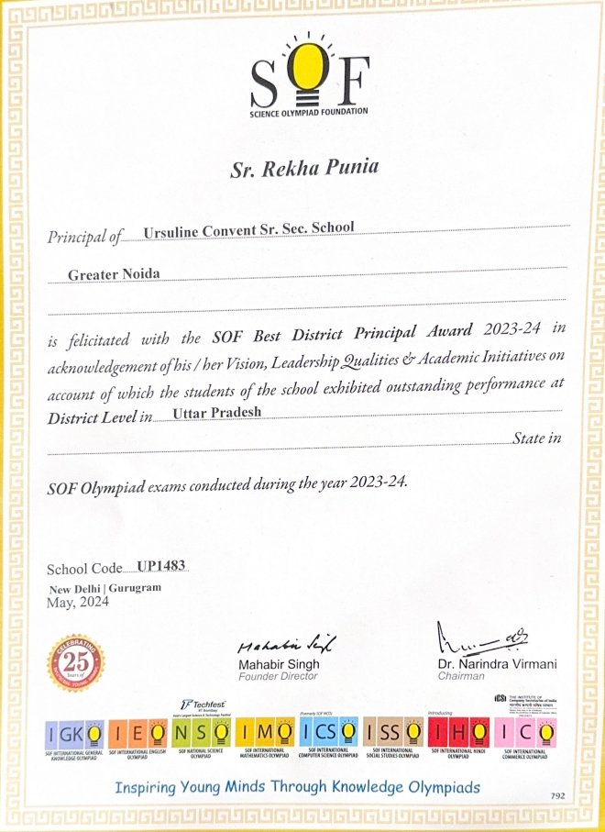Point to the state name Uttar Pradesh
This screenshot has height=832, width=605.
pyautogui.click(x=217, y=412)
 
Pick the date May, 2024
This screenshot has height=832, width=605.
pyautogui.click(x=77, y=602)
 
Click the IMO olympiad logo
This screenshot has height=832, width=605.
pyautogui.click(x=267, y=733)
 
